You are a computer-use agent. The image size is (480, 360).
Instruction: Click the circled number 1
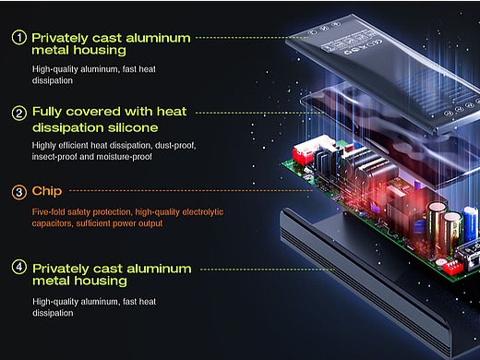[19, 38]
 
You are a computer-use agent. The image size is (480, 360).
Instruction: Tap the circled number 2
[19, 114]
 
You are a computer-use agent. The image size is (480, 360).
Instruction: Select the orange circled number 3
[19, 192]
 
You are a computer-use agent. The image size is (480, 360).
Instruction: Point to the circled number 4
[19, 267]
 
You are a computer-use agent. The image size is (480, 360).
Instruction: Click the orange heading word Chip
[47, 191]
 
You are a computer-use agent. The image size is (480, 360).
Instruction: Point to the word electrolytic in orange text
[203, 212]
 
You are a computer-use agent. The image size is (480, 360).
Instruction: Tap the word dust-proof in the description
[175, 145]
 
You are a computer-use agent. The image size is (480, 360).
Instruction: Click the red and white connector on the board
[311, 150]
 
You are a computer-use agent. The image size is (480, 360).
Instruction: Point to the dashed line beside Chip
[191, 191]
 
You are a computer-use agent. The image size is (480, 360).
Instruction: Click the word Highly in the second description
[44, 146]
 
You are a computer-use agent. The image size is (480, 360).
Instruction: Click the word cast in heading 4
[108, 269]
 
